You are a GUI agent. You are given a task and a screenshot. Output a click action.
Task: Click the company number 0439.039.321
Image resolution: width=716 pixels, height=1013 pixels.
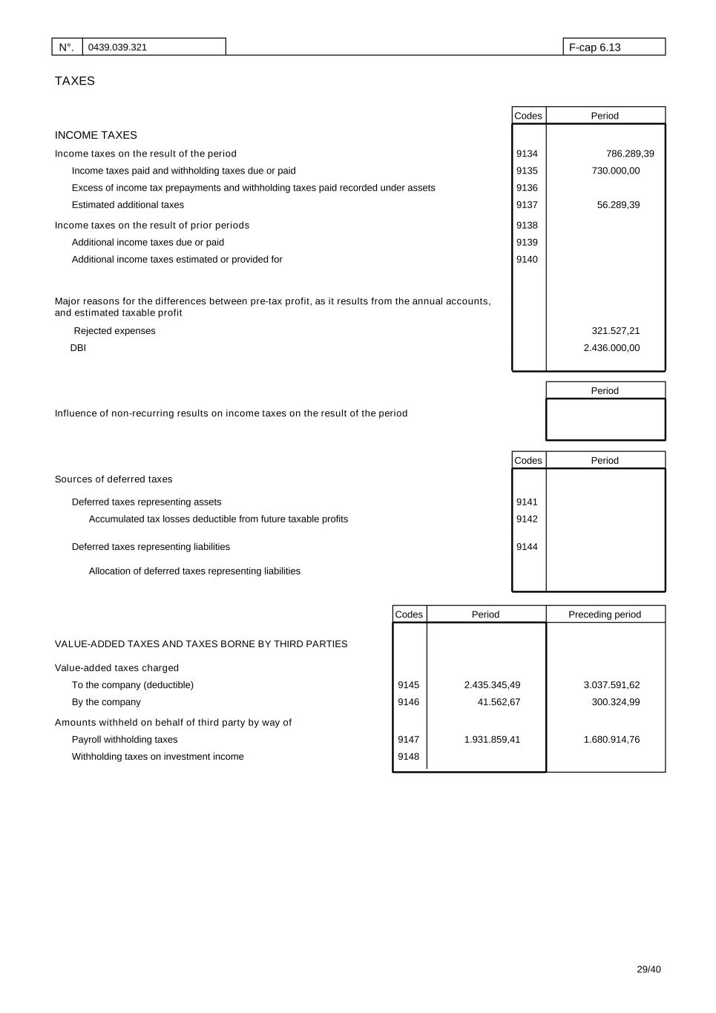[117, 47]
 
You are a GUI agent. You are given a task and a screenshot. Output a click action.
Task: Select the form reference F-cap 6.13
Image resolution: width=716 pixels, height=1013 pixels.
[594, 47]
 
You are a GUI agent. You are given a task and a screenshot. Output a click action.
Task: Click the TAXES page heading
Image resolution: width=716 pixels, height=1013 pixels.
[75, 81]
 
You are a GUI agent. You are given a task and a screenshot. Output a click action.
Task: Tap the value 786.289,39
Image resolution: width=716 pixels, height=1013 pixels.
[630, 154]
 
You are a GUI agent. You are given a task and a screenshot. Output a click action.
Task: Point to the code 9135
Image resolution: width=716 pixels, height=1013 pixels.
[527, 171]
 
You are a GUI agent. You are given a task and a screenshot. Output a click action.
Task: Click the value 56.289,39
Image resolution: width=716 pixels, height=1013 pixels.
[618, 205]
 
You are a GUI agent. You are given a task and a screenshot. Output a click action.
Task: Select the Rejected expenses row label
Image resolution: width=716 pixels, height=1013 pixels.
[114, 331]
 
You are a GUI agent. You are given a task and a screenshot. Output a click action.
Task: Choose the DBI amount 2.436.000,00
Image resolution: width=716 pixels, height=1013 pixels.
[611, 348]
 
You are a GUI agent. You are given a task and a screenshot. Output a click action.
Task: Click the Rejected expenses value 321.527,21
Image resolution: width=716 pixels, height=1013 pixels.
[615, 331]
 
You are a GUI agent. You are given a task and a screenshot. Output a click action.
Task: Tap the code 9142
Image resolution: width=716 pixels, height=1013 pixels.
[527, 519]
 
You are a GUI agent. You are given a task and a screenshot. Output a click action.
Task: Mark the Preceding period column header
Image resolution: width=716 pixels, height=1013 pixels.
[605, 614]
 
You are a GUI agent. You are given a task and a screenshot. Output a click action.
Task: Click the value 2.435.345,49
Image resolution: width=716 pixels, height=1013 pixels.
[492, 685]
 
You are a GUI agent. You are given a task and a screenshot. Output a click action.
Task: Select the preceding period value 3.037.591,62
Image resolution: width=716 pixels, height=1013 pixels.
[611, 685]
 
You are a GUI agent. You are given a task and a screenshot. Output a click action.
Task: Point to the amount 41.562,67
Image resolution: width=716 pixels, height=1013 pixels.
[499, 702]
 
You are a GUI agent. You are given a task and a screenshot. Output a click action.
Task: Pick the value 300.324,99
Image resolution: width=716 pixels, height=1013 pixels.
[615, 702]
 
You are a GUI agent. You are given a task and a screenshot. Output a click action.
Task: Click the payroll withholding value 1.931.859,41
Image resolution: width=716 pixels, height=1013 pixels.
[492, 739]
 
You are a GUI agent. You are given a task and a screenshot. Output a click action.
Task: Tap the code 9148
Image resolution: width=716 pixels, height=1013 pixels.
[408, 756]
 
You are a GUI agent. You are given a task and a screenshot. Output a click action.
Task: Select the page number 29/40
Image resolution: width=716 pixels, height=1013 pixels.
[648, 969]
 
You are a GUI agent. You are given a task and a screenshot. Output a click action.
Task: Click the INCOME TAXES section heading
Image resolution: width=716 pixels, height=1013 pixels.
[96, 135]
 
